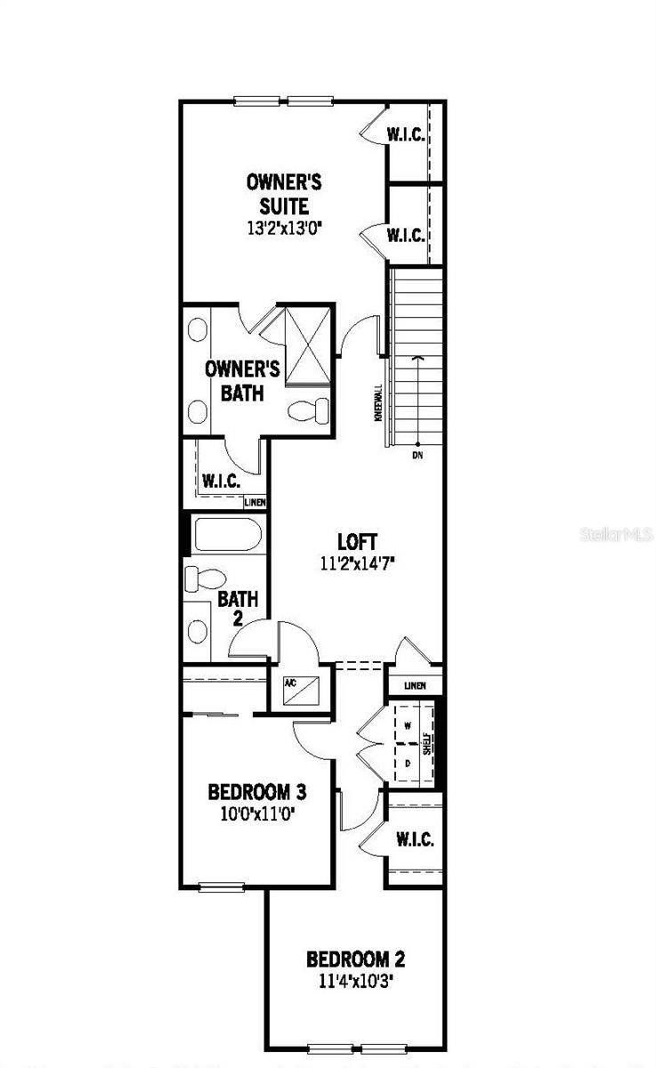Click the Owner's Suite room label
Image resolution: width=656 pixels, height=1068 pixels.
tap(284, 194)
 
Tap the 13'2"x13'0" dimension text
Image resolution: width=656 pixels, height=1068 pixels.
tap(284, 228)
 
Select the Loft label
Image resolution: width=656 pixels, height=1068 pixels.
tap(358, 541)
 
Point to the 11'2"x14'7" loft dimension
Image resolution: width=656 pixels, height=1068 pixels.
tap(358, 562)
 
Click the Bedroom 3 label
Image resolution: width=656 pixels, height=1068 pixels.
tap(257, 791)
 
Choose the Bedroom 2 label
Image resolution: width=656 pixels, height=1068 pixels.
tap(355, 959)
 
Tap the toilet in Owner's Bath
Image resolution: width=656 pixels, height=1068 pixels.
tap(309, 410)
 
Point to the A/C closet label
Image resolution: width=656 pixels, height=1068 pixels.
tap(290, 684)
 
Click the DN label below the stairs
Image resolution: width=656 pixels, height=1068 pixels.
tap(417, 456)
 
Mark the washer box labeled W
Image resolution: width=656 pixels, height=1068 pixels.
tap(408, 725)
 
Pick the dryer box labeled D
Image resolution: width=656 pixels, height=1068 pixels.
tap(408, 764)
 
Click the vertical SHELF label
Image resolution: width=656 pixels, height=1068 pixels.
tap(427, 744)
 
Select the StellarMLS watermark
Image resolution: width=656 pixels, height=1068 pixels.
tap(616, 535)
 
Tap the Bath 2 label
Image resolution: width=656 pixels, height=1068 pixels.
tap(238, 608)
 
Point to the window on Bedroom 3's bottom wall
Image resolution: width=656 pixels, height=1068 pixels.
tap(221, 886)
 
